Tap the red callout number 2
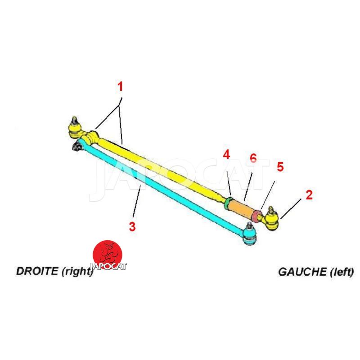[309, 195]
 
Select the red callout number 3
[132, 226]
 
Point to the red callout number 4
[226, 155]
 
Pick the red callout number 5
[280, 167]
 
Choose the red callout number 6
[253, 158]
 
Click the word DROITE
[37, 271]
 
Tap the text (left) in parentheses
[341, 272]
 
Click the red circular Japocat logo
[108, 256]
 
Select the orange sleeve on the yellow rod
[243, 210]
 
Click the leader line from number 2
[292, 210]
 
